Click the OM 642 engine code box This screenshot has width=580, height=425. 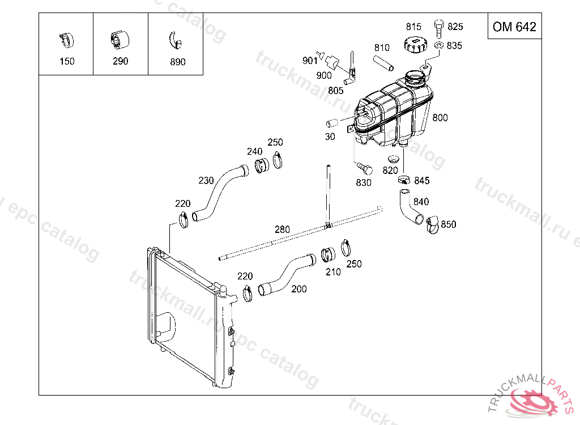point(514,27)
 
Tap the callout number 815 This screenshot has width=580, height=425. point(413,26)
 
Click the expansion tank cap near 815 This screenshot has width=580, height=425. point(415,44)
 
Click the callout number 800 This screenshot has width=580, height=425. point(440,118)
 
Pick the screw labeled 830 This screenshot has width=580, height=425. point(365,168)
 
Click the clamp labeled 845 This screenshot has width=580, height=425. point(403,180)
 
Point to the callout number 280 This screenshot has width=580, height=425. point(282,229)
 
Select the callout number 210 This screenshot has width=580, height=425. point(333,272)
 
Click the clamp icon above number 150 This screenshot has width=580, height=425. point(66,40)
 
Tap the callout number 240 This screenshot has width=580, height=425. point(255,151)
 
